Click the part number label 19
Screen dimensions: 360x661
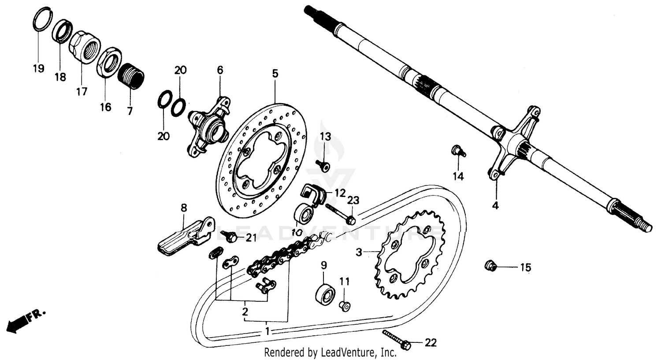38,68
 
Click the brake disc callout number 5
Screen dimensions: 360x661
275,74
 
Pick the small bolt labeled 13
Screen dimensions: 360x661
324,166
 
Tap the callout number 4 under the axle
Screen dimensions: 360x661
495,205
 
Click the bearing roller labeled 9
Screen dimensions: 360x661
326,293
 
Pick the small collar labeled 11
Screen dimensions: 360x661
345,305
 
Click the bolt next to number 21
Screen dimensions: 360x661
230,237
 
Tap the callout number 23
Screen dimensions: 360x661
354,201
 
